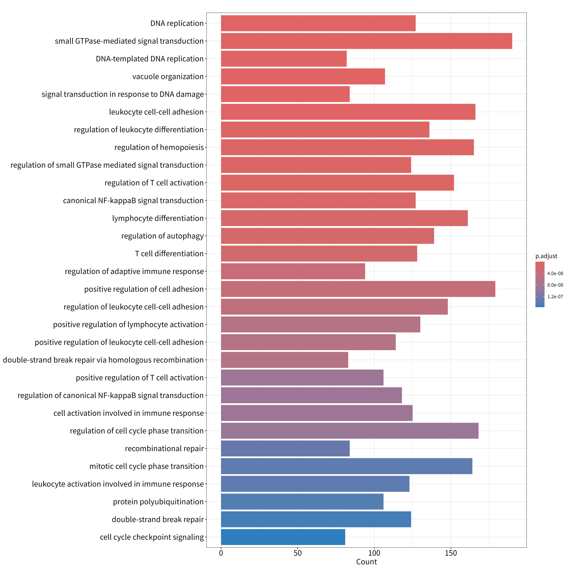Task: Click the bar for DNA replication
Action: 318,23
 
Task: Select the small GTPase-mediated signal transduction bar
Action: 366,41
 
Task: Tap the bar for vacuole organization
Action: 303,76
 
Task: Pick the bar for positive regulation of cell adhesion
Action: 358,289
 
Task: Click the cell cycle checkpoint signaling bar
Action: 283,537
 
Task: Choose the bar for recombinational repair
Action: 285,448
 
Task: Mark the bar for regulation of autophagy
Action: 327,236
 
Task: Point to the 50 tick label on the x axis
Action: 297,553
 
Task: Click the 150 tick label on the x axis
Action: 451,553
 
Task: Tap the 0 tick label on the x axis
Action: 221,553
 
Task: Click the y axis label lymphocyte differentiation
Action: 158,218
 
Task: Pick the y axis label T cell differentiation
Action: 169,254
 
